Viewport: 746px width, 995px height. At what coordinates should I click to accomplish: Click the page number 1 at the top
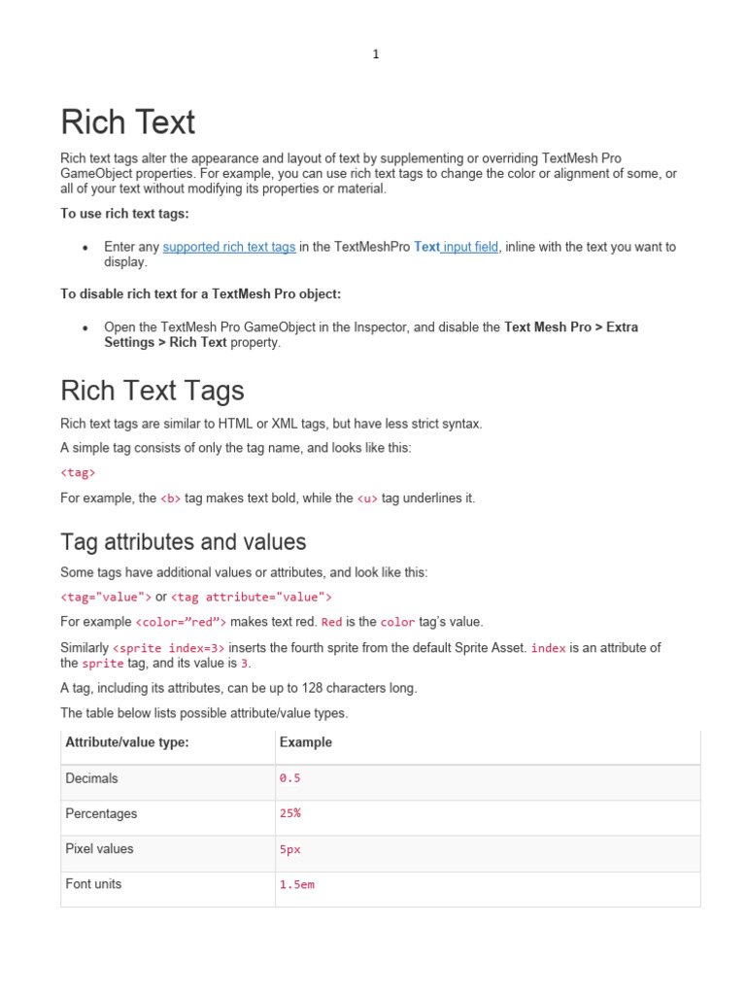pyautogui.click(x=375, y=54)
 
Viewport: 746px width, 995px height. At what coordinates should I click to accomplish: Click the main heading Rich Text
pyautogui.click(x=127, y=122)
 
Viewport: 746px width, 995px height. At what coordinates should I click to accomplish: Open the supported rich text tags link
pyautogui.click(x=229, y=247)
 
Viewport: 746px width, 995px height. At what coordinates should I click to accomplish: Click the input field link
pyautogui.click(x=471, y=247)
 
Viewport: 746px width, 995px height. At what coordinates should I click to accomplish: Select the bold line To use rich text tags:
pyautogui.click(x=124, y=213)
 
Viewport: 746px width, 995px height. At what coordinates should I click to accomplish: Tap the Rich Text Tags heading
pyautogui.click(x=152, y=391)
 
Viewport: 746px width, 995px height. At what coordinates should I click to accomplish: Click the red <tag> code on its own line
pyautogui.click(x=78, y=473)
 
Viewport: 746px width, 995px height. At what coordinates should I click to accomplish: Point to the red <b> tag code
pyautogui.click(x=171, y=498)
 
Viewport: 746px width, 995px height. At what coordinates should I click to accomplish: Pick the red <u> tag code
pyautogui.click(x=367, y=498)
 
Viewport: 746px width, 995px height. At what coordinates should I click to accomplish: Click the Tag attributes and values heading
pyautogui.click(x=183, y=542)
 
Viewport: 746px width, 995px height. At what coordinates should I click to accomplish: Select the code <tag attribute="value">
pyautogui.click(x=252, y=597)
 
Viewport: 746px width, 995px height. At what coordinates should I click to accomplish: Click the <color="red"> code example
pyautogui.click(x=182, y=622)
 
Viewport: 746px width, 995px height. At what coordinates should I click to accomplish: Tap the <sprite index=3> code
pyautogui.click(x=169, y=647)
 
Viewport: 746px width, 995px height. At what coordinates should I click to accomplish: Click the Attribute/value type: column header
pyautogui.click(x=126, y=742)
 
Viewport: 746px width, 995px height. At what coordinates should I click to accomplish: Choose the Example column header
pyautogui.click(x=305, y=742)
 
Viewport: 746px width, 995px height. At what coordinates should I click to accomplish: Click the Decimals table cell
pyautogui.click(x=91, y=778)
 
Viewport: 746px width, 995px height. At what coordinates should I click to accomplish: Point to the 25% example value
pyautogui.click(x=289, y=813)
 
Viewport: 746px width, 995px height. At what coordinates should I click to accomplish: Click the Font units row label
pyautogui.click(x=93, y=884)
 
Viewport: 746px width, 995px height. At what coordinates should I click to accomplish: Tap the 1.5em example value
pyautogui.click(x=296, y=885)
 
